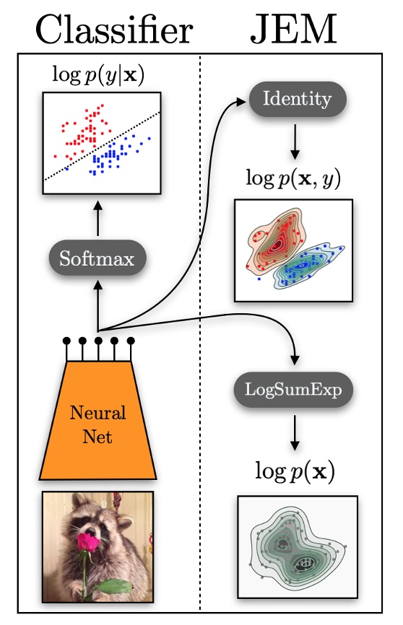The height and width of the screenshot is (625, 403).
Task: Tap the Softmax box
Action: pos(97,258)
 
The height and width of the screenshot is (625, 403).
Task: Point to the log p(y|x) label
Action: pos(99,74)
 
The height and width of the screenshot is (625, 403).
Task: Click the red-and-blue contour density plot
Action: pos(294,250)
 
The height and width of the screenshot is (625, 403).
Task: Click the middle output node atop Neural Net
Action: pos(98,340)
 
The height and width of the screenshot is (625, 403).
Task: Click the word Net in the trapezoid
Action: pos(97,436)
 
